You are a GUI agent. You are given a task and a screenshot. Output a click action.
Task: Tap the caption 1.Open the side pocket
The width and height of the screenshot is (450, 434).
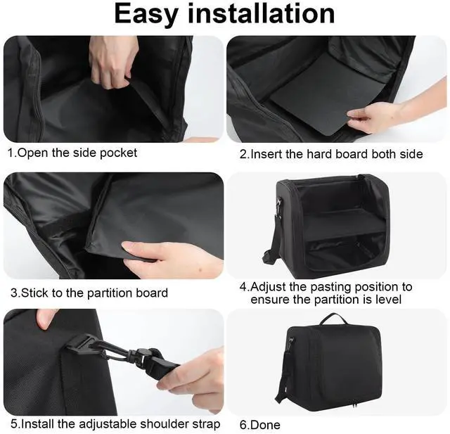[72, 153]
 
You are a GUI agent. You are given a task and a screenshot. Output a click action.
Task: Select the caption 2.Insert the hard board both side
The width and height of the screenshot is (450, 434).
[331, 153]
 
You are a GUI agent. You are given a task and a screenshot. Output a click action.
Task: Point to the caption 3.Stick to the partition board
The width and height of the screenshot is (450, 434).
[88, 292]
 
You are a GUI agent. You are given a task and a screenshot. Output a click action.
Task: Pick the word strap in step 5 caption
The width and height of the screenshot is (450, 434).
[205, 424]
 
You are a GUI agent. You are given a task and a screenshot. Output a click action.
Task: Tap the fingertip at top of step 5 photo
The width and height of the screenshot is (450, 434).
[46, 319]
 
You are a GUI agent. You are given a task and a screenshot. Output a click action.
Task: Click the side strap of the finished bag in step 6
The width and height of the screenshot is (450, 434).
[287, 373]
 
